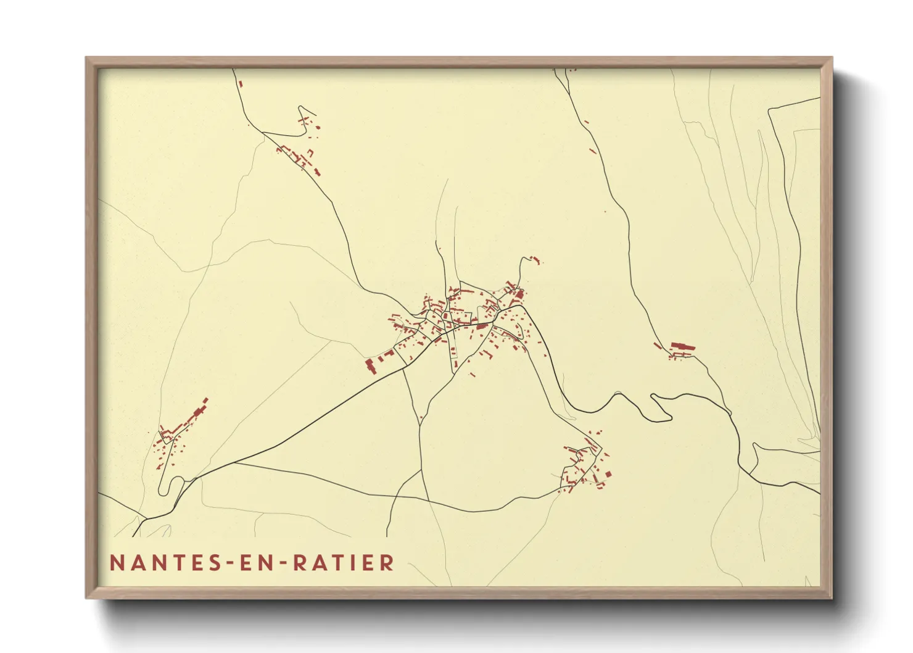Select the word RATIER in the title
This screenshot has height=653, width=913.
344,563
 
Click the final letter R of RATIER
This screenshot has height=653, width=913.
387,563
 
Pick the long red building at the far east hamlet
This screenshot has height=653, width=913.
682,347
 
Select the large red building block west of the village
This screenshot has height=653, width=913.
370,365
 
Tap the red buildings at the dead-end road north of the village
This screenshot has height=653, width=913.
535,260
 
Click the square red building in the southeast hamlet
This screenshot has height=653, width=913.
608,473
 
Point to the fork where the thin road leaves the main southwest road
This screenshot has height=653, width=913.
235,462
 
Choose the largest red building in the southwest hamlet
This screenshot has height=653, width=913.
199,412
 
